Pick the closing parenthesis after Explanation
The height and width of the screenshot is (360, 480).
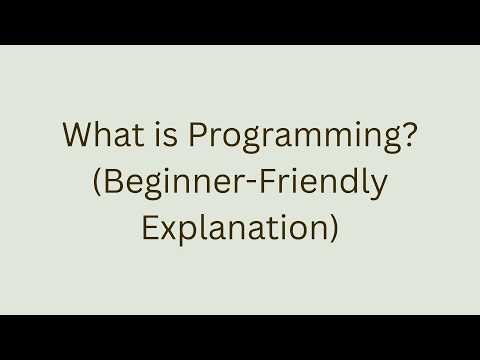click(333, 229)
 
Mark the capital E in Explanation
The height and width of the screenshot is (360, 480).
click(150, 228)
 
